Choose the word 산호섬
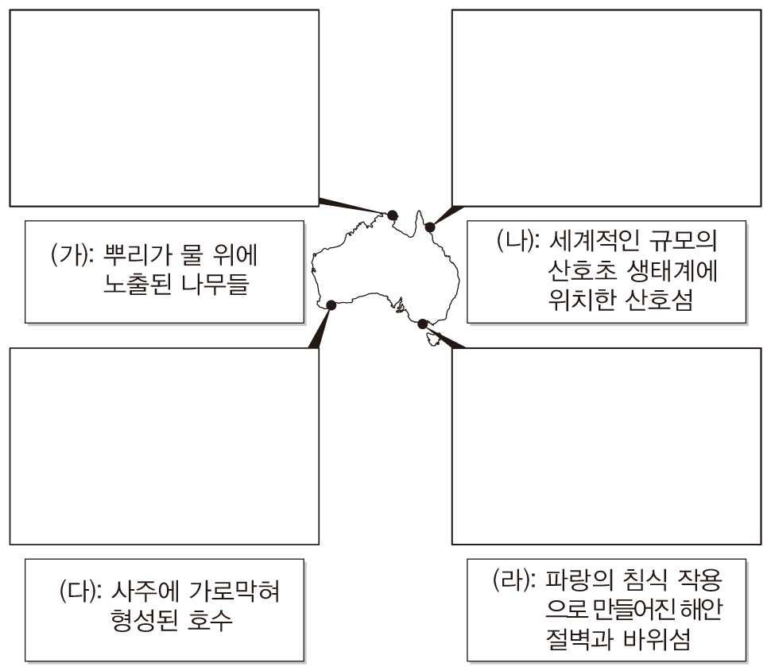click(653, 301)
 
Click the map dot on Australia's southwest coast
click(331, 304)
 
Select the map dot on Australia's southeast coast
click(423, 323)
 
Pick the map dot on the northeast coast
click(430, 227)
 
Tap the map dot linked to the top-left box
click(392, 214)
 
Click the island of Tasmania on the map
click(433, 339)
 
